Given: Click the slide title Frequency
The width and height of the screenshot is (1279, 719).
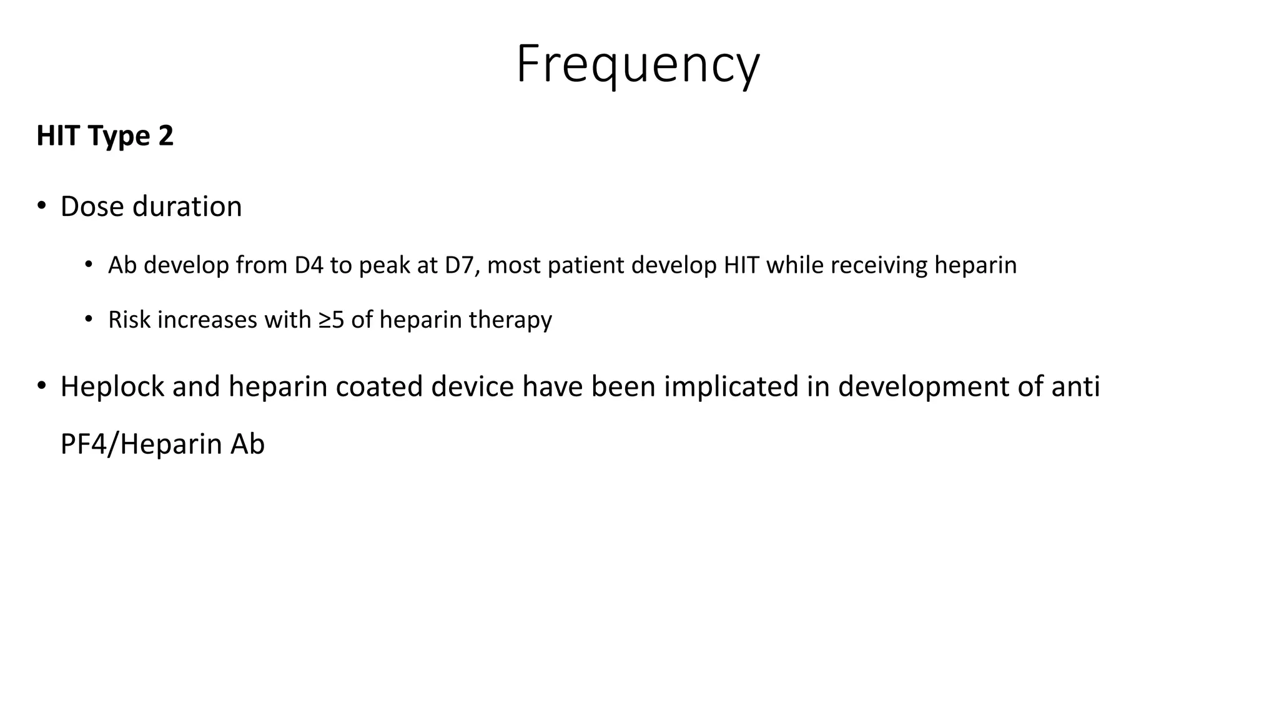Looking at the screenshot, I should click(638, 65).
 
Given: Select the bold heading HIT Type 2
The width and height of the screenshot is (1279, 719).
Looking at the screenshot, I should click(105, 136).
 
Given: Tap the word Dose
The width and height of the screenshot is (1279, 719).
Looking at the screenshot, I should click(92, 207).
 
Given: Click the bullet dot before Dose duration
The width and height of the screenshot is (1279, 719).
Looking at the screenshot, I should click(41, 206).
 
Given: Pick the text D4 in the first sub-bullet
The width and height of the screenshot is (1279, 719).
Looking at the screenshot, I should click(309, 265).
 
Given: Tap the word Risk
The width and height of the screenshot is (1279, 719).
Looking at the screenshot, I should click(130, 320).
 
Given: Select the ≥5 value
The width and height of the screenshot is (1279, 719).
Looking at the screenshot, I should click(331, 320).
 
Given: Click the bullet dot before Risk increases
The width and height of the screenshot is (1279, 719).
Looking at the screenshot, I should click(89, 320).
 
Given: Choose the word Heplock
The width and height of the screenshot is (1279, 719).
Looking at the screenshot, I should click(112, 387).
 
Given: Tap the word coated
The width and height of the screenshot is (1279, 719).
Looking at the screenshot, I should click(380, 387).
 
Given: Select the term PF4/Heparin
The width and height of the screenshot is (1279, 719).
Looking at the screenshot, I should click(141, 444).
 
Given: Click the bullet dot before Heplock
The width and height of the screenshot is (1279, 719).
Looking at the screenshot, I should click(41, 386).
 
